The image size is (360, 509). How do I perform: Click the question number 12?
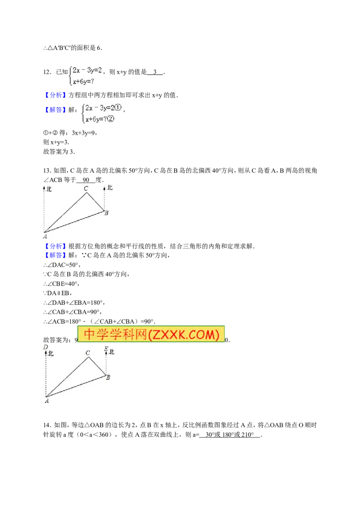click(47, 72)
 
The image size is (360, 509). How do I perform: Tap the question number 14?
click(47, 425)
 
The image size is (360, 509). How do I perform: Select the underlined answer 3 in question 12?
click(155, 72)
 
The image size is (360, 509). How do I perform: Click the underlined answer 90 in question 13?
click(86, 180)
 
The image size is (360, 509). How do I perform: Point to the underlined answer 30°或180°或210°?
click(229, 435)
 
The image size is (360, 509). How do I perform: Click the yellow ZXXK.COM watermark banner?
click(151, 334)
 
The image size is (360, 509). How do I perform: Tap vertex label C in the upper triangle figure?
click(86, 188)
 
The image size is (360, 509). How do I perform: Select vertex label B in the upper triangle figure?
click(106, 213)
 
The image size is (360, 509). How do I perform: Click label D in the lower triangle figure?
click(45, 347)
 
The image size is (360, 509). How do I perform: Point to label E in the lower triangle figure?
click(106, 349)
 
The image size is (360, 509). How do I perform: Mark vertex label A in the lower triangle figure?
click(47, 401)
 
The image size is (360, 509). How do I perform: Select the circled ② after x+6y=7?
click(110, 119)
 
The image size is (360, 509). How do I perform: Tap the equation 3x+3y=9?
click(84, 133)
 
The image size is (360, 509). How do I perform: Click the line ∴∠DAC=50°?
click(62, 265)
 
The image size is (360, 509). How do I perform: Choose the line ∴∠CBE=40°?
click(61, 284)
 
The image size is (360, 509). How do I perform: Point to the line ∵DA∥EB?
click(57, 293)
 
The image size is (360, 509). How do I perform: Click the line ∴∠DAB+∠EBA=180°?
click(74, 303)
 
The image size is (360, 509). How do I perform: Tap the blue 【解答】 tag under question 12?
click(54, 110)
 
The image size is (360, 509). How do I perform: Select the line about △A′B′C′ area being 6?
click(73, 48)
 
